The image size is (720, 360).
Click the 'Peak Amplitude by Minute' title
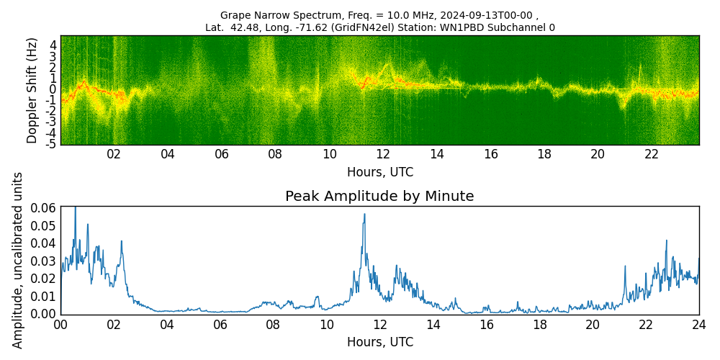(x=379, y=197)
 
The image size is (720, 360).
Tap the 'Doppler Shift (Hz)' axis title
(x=32, y=90)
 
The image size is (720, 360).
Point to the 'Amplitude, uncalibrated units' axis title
(x=18, y=260)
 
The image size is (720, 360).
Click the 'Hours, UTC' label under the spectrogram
(x=379, y=173)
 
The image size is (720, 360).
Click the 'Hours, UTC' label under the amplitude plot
(x=379, y=342)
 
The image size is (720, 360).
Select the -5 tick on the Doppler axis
(x=52, y=145)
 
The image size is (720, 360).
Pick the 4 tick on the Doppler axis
(x=53, y=45)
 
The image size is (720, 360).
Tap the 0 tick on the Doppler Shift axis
(x=53, y=89)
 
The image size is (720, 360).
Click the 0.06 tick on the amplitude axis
(x=43, y=207)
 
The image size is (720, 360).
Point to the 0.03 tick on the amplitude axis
(x=43, y=261)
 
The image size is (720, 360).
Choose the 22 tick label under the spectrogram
(x=652, y=154)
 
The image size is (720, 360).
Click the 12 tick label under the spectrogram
(x=383, y=154)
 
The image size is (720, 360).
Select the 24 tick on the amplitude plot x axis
(x=698, y=325)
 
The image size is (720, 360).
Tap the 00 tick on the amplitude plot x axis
(x=60, y=325)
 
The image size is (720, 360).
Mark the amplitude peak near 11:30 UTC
(x=364, y=215)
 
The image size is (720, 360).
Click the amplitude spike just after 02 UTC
(x=122, y=242)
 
